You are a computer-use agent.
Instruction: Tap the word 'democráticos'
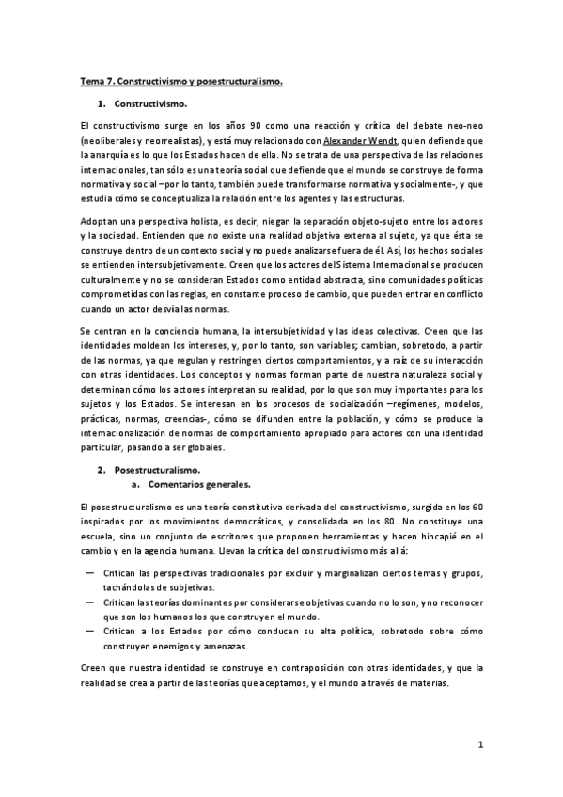coord(238,521)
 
